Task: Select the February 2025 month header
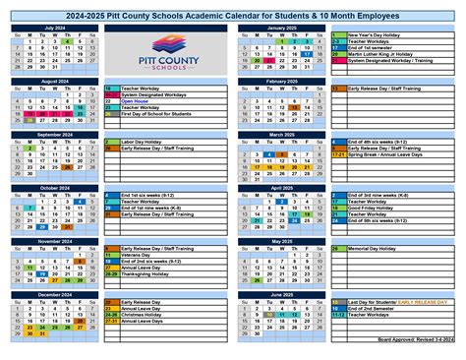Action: tap(281, 81)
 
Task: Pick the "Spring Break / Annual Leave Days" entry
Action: tap(387, 154)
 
